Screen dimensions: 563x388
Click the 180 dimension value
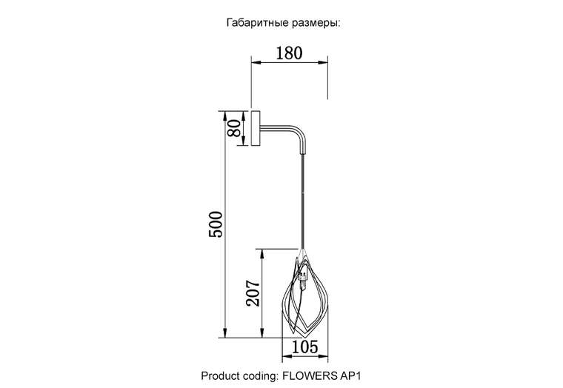[x=289, y=53]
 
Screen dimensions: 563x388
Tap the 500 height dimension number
[x=216, y=224]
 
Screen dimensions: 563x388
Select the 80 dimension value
[x=235, y=128]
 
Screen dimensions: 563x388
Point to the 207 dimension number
[x=253, y=293]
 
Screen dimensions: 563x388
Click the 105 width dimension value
[x=304, y=347]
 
